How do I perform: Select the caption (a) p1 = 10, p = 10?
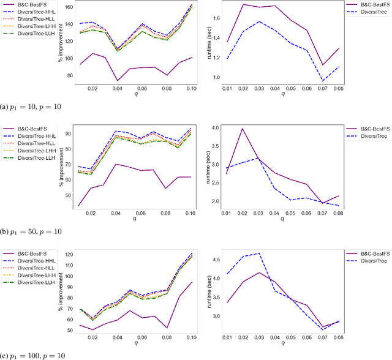[30, 107]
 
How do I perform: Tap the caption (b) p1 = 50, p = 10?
[30, 231]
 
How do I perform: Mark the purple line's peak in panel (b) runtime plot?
[243, 129]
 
